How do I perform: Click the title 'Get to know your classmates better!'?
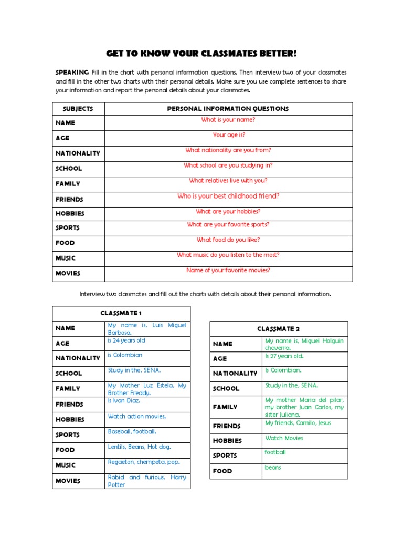click(201, 54)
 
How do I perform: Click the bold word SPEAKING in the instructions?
click(72, 72)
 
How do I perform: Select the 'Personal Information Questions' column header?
click(228, 109)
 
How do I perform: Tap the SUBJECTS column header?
click(78, 109)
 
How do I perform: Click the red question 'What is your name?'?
click(228, 120)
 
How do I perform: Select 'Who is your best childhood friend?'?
click(228, 196)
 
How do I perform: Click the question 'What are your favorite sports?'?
click(228, 225)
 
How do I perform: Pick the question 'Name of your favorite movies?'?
click(228, 271)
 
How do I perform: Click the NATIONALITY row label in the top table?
click(78, 153)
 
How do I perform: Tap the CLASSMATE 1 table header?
click(121, 313)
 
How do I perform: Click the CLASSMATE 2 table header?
click(278, 329)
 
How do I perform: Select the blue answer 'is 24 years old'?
click(126, 340)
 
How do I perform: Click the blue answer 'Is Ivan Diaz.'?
click(124, 401)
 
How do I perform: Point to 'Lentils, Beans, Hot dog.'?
click(140, 447)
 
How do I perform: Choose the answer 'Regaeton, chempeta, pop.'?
click(144, 462)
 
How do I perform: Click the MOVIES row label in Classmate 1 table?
click(68, 481)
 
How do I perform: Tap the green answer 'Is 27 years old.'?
click(284, 356)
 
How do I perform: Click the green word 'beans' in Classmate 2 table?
click(273, 468)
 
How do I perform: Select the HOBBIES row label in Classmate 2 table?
click(227, 441)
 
